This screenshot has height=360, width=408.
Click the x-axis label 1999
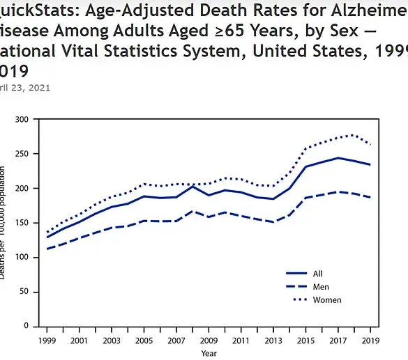(x=47, y=341)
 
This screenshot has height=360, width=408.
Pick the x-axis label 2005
(x=143, y=341)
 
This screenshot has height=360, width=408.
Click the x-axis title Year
(x=209, y=353)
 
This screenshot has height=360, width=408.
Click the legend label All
(x=318, y=274)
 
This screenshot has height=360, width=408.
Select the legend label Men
(x=320, y=287)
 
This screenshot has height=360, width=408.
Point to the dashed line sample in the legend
(x=296, y=287)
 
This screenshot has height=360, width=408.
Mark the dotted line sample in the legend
(x=296, y=300)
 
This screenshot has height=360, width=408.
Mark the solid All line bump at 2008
(x=193, y=187)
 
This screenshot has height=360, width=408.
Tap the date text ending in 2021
(x=25, y=88)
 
